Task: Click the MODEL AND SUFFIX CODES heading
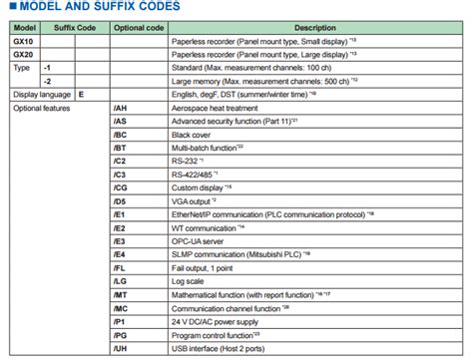[x=95, y=8]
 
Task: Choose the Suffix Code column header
[x=76, y=27]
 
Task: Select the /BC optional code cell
[x=121, y=134]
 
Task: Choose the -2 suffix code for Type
[x=48, y=79]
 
